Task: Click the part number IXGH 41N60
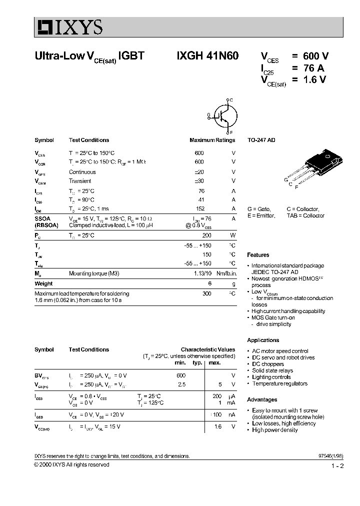pos(206,56)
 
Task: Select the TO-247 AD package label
pos(261,140)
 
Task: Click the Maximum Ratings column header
pos(212,140)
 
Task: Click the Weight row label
pos(43,283)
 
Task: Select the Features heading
pos(258,255)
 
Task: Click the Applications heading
pos(263,340)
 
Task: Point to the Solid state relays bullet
pos(272,370)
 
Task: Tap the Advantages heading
pos(262,399)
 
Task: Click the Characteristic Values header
pos(207,349)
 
